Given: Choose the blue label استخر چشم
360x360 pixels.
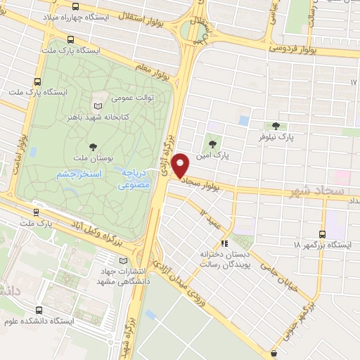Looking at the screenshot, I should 79,173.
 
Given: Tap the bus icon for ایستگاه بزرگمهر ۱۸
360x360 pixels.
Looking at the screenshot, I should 322,234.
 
